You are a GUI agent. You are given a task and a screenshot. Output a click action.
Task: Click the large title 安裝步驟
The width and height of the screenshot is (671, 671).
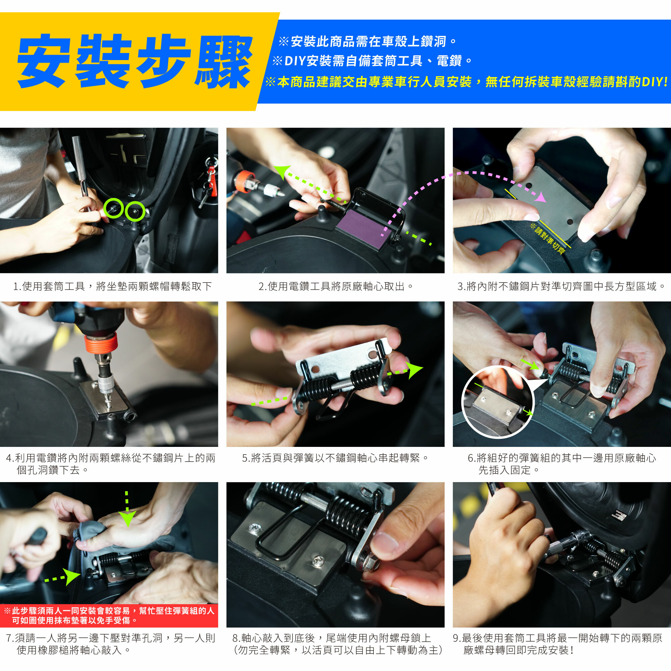pos(135,61)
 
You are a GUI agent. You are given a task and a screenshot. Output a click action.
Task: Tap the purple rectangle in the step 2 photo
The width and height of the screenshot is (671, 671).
pos(365,227)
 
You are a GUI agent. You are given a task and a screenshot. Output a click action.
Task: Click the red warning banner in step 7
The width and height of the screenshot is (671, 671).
pos(109,615)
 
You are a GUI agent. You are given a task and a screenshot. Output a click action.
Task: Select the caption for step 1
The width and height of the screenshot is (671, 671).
pos(112,286)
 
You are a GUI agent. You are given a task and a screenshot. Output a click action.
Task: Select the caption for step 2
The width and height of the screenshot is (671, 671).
pos(335,286)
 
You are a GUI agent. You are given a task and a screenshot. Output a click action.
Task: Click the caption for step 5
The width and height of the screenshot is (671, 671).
pos(335,458)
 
